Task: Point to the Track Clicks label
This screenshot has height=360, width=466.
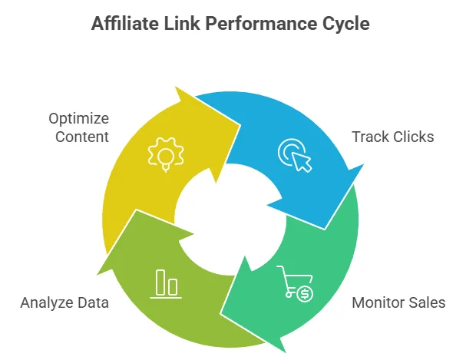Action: tap(393, 137)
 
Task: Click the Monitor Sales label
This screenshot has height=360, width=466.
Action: tap(398, 302)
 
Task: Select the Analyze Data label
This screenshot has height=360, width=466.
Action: tap(64, 302)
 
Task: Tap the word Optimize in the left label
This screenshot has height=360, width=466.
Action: tap(79, 119)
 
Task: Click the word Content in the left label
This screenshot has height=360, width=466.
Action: tap(80, 137)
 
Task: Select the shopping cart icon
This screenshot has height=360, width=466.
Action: tap(292, 284)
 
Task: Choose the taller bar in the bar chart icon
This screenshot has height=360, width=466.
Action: tap(160, 282)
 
